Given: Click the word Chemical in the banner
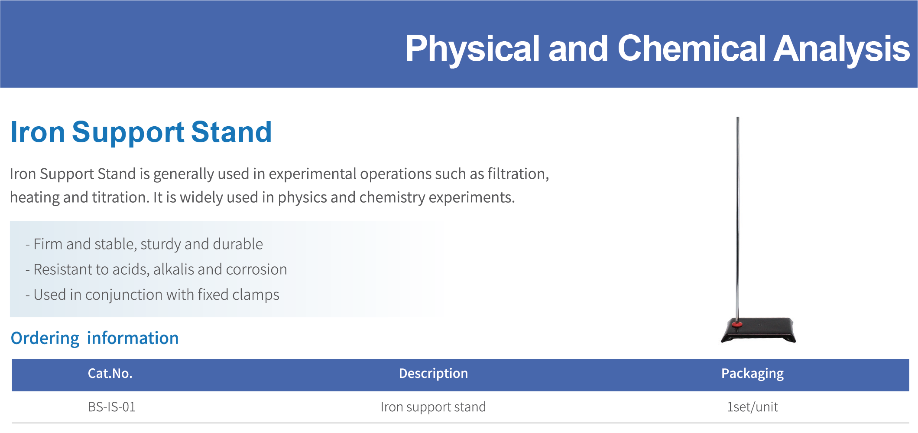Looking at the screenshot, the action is pos(691,49).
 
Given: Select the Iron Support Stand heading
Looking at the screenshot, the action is pos(141,133).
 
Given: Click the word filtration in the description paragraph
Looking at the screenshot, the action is pos(518,174).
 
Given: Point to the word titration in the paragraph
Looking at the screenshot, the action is pos(120,197).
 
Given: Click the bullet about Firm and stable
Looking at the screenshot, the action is pos(144,244).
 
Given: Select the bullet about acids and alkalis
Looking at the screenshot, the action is pos(156,269).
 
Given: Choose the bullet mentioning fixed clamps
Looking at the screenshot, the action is pos(152,295).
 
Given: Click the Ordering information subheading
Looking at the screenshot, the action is pos(95,338).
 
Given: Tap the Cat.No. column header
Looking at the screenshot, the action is pos(110,374).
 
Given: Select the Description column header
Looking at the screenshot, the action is pos(433,374).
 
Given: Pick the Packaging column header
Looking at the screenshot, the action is pos(753,374).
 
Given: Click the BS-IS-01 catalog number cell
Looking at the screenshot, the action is pos(112,407).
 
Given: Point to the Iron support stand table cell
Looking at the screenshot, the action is pos(433,407).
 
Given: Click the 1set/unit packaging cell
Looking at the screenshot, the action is pos(753,407).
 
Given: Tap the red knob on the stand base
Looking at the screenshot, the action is pos(737,324).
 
